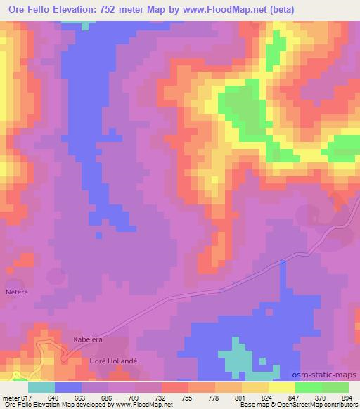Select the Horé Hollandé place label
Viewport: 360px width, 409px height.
point(112,361)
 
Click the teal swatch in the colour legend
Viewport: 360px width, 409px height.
point(41,387)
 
